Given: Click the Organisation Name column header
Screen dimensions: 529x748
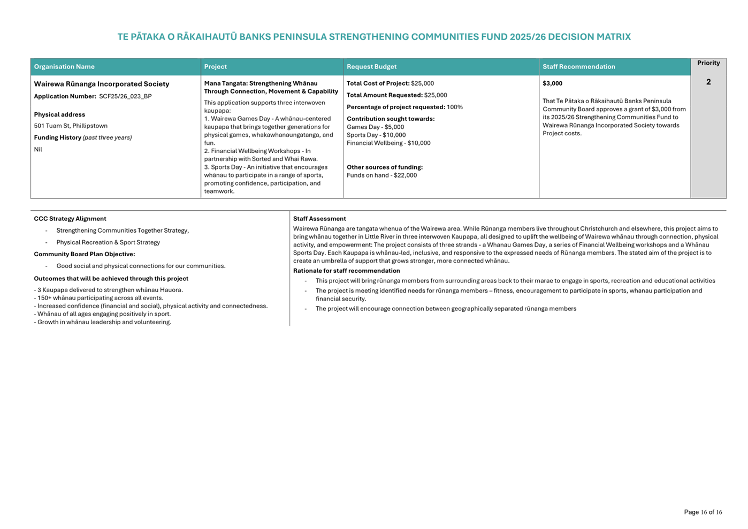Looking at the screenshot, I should pos(64,67).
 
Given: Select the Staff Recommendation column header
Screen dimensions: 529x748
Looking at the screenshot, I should pos(578,67).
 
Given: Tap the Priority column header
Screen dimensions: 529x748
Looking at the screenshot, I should pos(708,63).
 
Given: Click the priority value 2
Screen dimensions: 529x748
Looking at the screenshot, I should pos(708,82).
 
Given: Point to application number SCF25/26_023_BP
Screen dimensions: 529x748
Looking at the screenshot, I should pos(125,97).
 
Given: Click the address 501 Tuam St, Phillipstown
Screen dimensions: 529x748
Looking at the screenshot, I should pos(71,126).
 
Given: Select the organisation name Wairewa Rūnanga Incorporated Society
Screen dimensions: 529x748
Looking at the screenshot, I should pos(102,84).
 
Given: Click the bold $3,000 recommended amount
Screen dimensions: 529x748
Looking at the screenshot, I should pos(552,83).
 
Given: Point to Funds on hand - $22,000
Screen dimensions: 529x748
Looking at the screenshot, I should pos(381,175).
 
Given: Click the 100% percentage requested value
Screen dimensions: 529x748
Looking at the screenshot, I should pos(455,108).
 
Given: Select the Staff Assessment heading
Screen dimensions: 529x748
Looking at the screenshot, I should pos(319,219).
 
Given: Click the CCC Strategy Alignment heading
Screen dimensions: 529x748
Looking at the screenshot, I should pos(70,219).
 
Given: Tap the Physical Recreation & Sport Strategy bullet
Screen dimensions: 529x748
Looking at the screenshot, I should pos(108,242).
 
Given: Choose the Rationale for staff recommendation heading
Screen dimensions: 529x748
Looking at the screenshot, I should pos(346,271).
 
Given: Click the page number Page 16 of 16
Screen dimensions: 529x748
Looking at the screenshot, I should pos(703,512).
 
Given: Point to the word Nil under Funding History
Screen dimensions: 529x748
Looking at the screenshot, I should pos(38,150).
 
